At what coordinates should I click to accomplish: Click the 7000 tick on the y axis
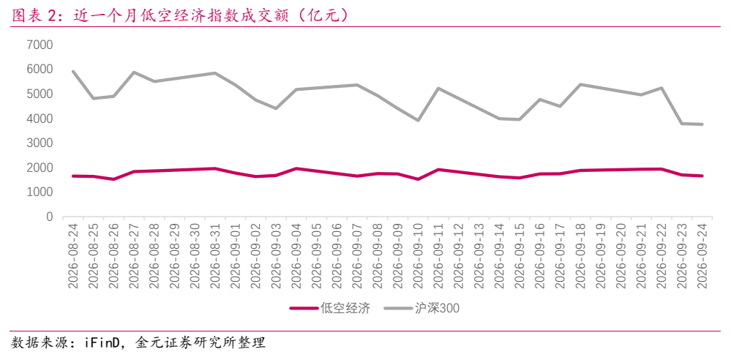(40, 45)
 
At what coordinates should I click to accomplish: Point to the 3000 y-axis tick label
(40, 143)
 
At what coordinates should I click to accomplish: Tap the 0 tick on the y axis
(50, 217)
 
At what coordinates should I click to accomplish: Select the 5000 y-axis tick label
(40, 94)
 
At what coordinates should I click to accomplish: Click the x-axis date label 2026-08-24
(74, 255)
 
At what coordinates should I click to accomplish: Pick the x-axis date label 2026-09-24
(702, 255)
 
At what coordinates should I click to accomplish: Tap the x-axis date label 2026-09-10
(418, 255)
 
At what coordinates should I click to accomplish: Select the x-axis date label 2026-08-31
(215, 255)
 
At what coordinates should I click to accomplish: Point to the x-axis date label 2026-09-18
(580, 255)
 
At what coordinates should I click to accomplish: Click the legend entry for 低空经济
(330, 308)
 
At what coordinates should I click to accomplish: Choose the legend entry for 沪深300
(422, 308)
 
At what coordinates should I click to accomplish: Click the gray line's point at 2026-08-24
(74, 72)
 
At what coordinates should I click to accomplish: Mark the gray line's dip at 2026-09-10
(418, 120)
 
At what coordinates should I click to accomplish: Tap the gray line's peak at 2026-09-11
(439, 88)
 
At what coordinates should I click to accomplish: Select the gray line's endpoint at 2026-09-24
(702, 124)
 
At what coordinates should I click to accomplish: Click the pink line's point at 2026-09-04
(296, 168)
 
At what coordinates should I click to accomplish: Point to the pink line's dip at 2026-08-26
(114, 179)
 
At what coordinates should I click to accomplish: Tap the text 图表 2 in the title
(34, 15)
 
